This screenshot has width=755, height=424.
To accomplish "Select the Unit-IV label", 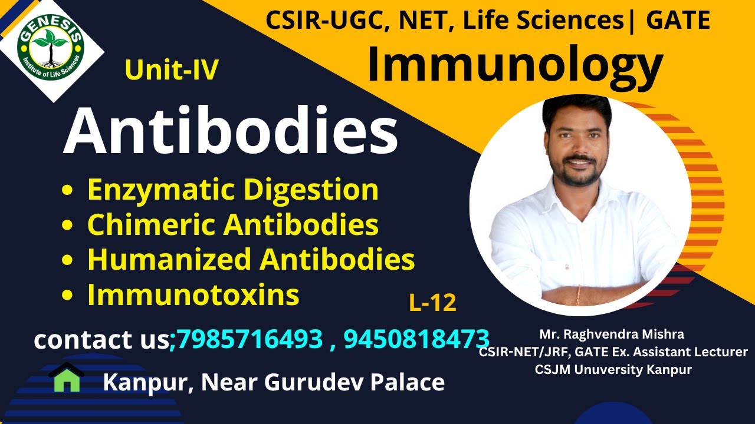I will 172,71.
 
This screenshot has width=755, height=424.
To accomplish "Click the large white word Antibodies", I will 231,131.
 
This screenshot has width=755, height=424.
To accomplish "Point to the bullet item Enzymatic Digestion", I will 233,190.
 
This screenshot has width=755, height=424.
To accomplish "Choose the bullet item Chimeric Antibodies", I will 233,224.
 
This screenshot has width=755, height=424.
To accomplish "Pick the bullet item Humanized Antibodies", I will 251,259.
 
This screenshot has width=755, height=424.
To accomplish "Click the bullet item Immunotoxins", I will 193,294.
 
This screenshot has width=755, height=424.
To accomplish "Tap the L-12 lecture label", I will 432,303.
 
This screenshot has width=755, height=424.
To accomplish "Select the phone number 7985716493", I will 250,339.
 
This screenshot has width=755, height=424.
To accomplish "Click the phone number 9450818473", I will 416,339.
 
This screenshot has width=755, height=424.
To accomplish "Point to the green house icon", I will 67,378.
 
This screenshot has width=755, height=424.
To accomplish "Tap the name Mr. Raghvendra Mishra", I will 612,334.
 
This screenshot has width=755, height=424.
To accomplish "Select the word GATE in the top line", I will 678,21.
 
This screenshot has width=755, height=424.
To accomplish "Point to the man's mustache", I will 580,159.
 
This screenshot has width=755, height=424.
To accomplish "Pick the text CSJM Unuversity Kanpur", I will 613,370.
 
